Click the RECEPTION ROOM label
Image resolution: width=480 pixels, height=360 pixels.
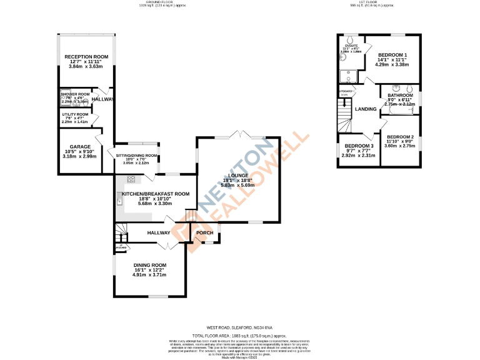86,57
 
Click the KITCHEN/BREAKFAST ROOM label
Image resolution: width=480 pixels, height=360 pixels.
156,194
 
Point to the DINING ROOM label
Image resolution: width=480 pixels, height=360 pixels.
150,264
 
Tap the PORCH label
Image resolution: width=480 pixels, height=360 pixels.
205,233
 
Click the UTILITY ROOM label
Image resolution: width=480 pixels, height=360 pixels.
74,114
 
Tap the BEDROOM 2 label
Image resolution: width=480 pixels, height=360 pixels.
401,136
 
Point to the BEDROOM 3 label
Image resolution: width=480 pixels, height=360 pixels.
359,146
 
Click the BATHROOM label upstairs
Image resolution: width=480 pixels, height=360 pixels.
400,95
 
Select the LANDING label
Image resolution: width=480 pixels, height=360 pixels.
366,109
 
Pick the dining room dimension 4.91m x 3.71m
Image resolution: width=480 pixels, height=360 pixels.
150,275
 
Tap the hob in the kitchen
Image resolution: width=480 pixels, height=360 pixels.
132,179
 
